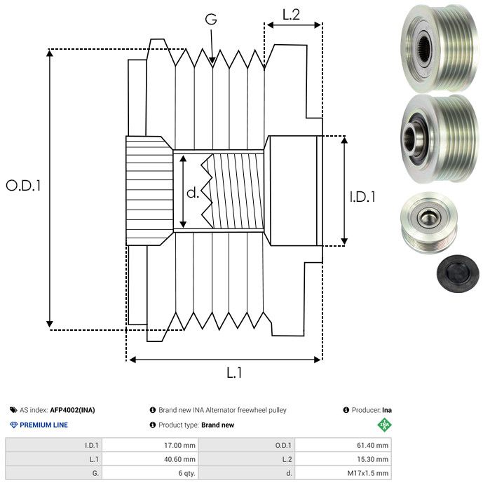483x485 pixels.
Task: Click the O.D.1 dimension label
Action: click(x=23, y=186)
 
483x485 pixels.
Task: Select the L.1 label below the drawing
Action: click(x=234, y=374)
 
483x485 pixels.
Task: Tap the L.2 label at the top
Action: click(x=291, y=14)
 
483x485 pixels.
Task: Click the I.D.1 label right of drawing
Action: click(x=362, y=197)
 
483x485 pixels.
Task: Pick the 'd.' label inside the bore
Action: click(x=192, y=192)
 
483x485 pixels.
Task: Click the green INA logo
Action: click(x=384, y=424)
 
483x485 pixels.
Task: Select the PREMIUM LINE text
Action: click(x=44, y=425)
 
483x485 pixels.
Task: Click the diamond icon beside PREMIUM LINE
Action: click(x=13, y=425)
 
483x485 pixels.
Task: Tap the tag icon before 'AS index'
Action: click(x=13, y=410)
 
